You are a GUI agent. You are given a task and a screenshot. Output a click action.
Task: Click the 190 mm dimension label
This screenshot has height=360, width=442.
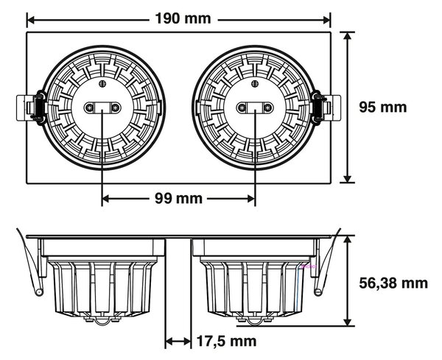pyautogui.click(x=183, y=19)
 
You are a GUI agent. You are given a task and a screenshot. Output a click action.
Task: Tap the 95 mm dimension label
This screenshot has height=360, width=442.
pyautogui.click(x=383, y=107)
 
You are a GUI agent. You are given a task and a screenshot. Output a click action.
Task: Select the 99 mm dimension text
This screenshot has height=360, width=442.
pyautogui.click(x=178, y=198)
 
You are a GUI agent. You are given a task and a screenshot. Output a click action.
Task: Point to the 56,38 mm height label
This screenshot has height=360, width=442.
pyautogui.click(x=393, y=283)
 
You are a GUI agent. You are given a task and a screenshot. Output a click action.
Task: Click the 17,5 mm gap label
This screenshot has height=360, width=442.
pyautogui.click(x=226, y=342)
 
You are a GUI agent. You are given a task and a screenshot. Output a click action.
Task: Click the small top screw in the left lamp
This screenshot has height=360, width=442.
pyautogui.click(x=102, y=84)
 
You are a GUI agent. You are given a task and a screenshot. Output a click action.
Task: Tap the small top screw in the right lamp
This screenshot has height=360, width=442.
pyautogui.click(x=255, y=84)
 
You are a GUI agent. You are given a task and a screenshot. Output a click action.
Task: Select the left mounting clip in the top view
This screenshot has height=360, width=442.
pyautogui.click(x=31, y=108)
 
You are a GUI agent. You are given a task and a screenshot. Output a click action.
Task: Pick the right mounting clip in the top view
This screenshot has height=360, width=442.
pyautogui.click(x=326, y=108)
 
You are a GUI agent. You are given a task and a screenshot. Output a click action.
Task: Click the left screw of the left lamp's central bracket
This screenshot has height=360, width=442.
pyautogui.click(x=90, y=107)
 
